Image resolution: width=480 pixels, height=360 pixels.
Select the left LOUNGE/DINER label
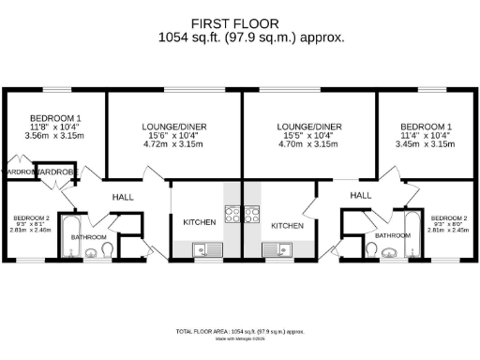[174, 126]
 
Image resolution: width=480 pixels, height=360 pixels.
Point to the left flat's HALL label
[124, 198]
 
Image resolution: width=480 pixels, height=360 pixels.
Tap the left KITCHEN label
[199, 222]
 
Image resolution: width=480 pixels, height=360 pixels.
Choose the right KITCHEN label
[287, 226]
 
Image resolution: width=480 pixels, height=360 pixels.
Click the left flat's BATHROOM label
[89, 238]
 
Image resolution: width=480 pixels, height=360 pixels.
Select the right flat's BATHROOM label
[392, 235]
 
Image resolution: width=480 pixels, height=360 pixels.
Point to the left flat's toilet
[106, 249]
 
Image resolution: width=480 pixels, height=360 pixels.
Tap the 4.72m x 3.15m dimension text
[174, 145]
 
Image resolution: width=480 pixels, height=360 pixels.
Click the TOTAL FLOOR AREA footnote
[240, 333]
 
